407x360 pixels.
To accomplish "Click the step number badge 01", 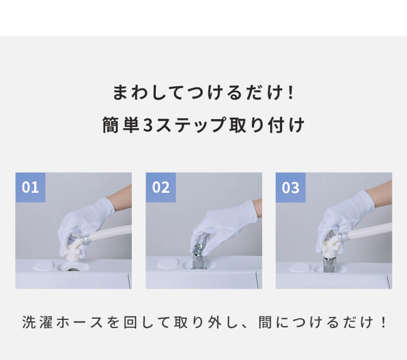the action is tap(30, 187).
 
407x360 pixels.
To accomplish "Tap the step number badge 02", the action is tap(161, 187).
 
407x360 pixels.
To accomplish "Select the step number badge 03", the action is tap(290, 187).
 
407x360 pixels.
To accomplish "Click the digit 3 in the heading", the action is tap(148, 125).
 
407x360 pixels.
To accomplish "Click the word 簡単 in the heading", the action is tap(120, 125).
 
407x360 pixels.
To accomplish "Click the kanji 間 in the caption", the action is tap(265, 323).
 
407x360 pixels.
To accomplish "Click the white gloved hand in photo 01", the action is tap(83, 226).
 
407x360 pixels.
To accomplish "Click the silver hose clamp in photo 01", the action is tap(85, 239).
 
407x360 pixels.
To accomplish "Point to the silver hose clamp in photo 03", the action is tap(343, 237).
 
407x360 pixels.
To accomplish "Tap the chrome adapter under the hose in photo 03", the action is tap(329, 263).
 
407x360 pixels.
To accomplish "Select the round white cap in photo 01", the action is tap(43, 266).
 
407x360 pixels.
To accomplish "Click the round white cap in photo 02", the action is tap(168, 264).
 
